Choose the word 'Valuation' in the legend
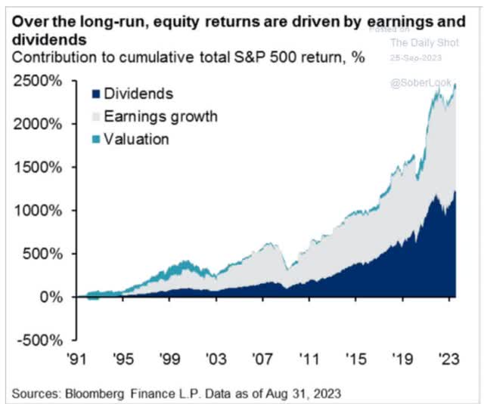[137, 139]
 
